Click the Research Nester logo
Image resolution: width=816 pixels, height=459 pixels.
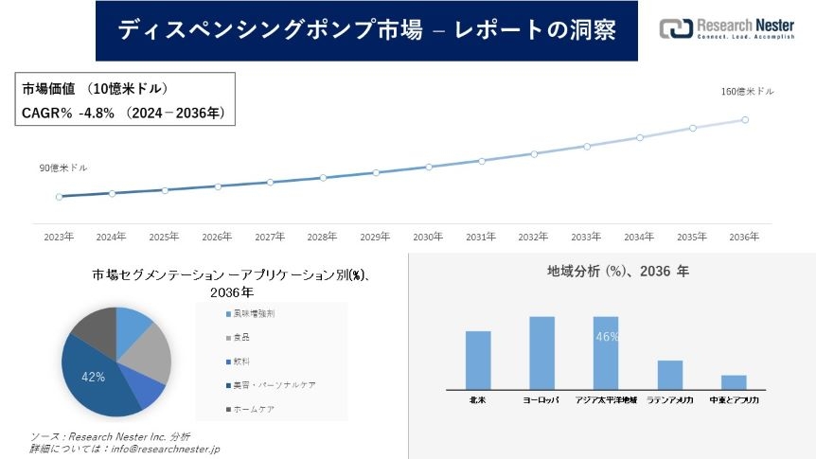[x=726, y=28]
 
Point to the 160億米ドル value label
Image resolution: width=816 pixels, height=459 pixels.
[x=747, y=92]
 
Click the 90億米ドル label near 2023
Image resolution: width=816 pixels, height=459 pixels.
[x=62, y=168]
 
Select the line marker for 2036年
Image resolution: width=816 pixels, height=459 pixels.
[x=745, y=120]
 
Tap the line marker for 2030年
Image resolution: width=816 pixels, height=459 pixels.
[x=429, y=167]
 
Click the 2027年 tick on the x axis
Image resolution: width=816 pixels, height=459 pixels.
[x=270, y=237]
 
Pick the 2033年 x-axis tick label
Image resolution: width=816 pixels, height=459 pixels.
[x=586, y=237]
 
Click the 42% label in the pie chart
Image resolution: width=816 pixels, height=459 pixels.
[x=93, y=377]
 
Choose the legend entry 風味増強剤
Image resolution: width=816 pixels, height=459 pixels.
[x=255, y=313]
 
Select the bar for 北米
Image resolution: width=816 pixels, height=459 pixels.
[x=478, y=360]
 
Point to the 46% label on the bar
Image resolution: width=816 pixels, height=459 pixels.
[x=607, y=337]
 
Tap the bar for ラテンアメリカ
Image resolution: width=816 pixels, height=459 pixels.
[x=670, y=375]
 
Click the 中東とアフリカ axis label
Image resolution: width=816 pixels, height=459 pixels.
[x=734, y=400]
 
